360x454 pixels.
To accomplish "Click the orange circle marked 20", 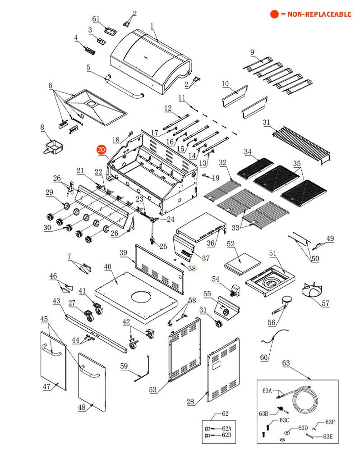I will pyautogui.click(x=101, y=150).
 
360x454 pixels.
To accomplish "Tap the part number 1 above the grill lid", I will pyautogui.click(x=152, y=26).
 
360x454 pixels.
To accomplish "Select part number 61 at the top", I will pyautogui.click(x=96, y=19).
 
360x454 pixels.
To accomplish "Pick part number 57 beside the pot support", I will pyautogui.click(x=326, y=303).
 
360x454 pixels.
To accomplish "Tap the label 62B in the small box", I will pyautogui.click(x=226, y=435).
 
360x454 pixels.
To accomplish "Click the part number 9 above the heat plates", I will pyautogui.click(x=252, y=52).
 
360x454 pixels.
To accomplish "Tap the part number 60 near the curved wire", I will pyautogui.click(x=264, y=357).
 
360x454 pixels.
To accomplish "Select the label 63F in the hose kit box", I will pyautogui.click(x=330, y=422).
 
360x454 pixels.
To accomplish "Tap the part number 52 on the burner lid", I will pyautogui.click(x=231, y=244).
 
